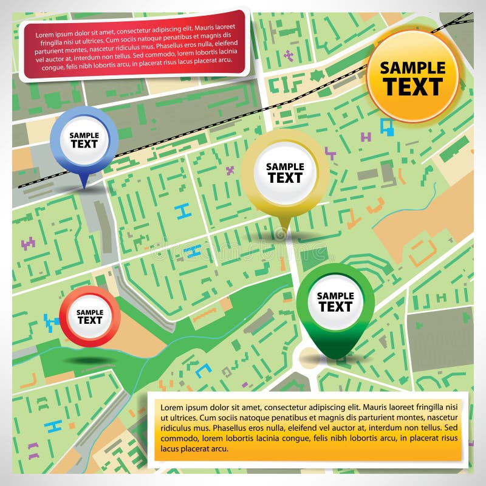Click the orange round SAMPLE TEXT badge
(413, 76)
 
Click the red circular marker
(90, 317)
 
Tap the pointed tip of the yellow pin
(282, 234)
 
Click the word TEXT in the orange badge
(413, 87)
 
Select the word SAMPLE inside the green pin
(335, 296)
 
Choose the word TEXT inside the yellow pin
(285, 178)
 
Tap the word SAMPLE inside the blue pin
(84, 135)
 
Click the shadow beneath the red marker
(90, 361)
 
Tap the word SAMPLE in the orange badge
(413, 67)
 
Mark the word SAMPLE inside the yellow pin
(285, 166)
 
